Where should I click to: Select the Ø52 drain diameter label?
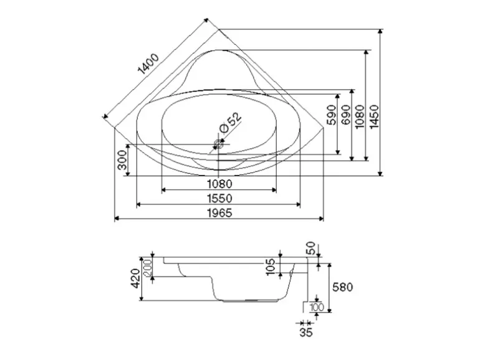tap(230, 122)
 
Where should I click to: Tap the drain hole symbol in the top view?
tap(218, 144)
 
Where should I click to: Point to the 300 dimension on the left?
tap(122, 163)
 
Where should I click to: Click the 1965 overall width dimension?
tap(219, 213)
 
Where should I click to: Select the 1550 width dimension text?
tap(219, 198)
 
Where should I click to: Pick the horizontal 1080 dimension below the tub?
tap(219, 184)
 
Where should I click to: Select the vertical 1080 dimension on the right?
tap(359, 116)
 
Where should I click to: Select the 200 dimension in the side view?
tap(148, 268)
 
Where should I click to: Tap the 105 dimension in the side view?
tap(271, 267)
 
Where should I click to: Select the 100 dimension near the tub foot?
tap(316, 306)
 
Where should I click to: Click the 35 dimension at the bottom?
tap(305, 333)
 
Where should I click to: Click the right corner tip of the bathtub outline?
tap(325, 128)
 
